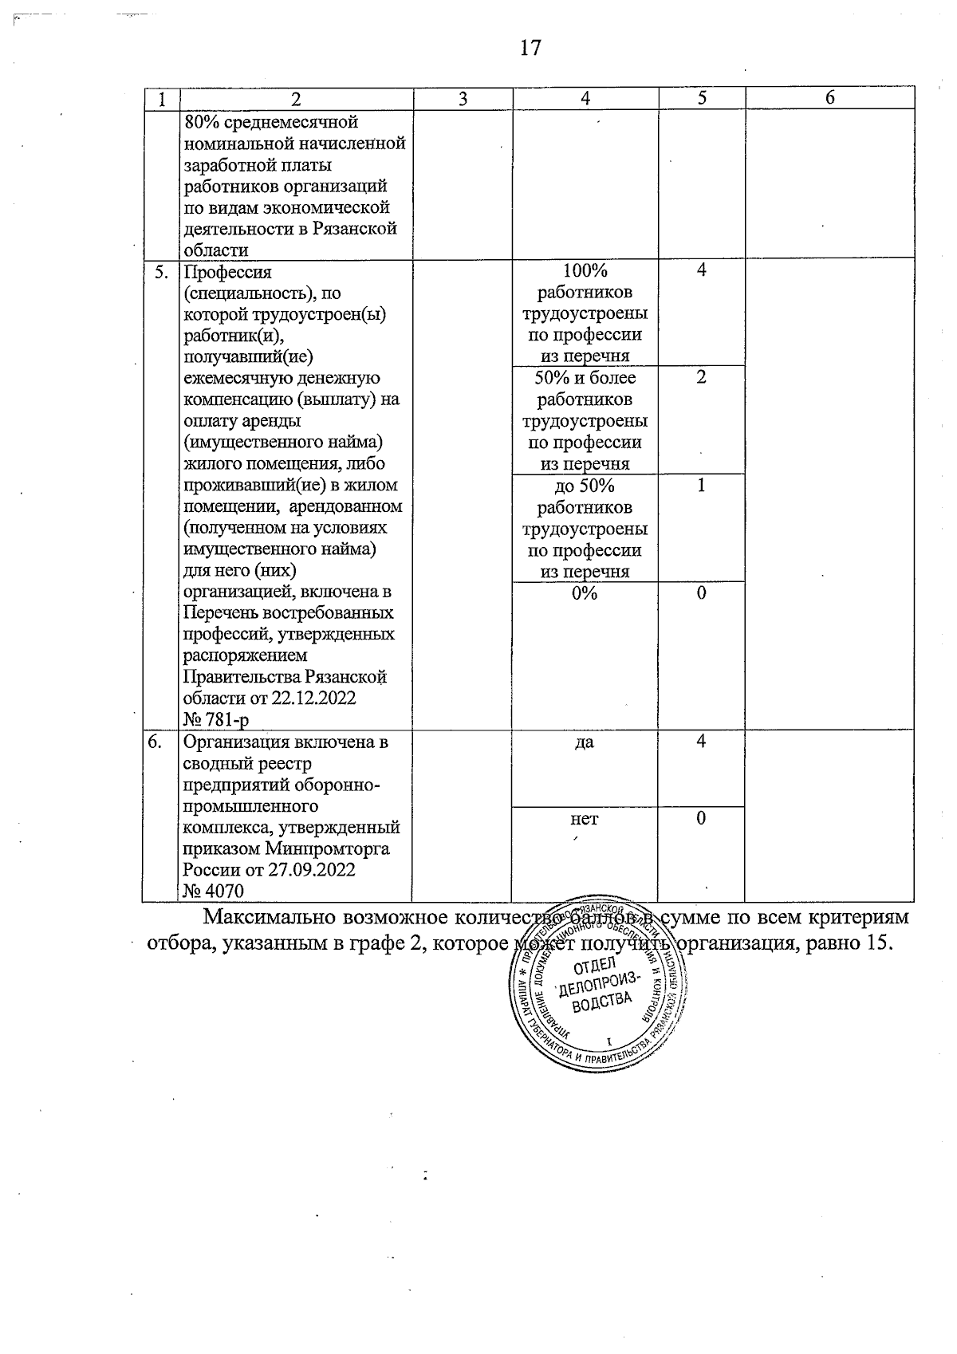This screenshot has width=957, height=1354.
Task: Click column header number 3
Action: pos(463,99)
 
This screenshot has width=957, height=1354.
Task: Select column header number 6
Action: pos(829,98)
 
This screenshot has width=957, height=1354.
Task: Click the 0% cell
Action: pos(585,593)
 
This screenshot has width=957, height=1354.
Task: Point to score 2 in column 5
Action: pos(701,377)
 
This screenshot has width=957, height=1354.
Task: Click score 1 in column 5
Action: pos(701,485)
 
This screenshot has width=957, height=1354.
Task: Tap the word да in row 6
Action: pos(585,742)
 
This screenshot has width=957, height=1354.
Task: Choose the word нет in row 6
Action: pos(585,819)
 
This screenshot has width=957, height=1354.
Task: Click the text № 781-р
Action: pos(215,720)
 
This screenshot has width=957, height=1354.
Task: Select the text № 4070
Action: pos(213,892)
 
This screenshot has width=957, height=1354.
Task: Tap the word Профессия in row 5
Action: pos(228,272)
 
